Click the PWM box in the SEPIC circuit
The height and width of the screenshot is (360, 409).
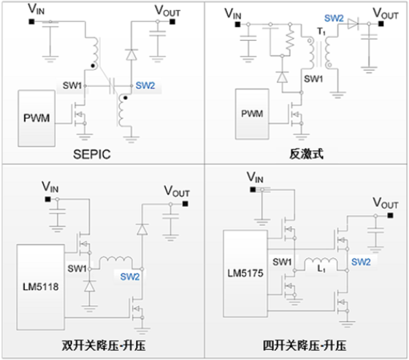(x=37, y=119)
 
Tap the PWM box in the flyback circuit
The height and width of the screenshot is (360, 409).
(x=252, y=114)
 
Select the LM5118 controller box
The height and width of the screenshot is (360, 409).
(x=41, y=287)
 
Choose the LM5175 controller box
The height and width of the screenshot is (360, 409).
(x=245, y=273)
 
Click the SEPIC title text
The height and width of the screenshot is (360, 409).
(x=92, y=154)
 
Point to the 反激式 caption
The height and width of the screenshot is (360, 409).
(x=307, y=154)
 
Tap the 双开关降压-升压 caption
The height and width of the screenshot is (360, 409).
(x=104, y=345)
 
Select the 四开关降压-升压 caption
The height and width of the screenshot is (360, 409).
(x=305, y=345)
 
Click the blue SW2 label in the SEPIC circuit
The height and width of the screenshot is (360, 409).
(x=145, y=85)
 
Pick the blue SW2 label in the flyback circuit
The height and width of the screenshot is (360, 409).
(x=334, y=18)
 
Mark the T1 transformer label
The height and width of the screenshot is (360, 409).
(x=321, y=31)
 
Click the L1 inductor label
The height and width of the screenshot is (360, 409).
(x=321, y=268)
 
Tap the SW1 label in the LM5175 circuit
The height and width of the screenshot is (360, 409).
(x=282, y=262)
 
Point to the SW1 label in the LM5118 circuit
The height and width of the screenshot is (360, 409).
(x=77, y=268)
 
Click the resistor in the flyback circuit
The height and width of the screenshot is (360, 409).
(x=290, y=40)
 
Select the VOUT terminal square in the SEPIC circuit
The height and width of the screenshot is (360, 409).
(x=172, y=22)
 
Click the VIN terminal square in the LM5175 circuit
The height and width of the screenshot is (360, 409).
(x=253, y=189)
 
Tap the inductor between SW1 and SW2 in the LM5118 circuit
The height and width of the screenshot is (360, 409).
(x=116, y=260)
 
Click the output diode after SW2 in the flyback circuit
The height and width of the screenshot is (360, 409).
(x=353, y=24)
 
